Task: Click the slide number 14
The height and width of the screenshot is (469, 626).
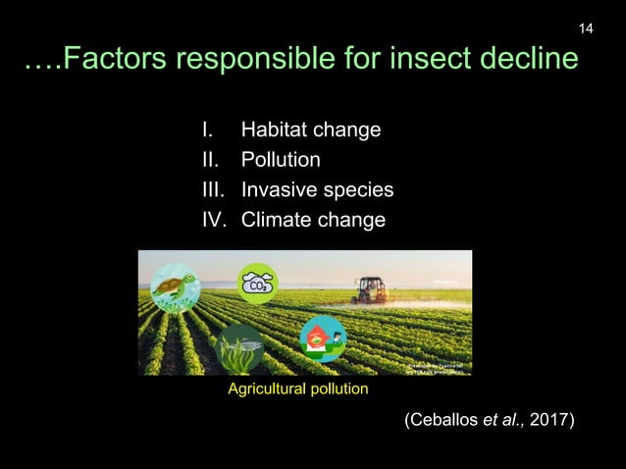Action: pos(586,27)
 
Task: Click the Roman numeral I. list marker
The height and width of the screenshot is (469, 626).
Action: pos(206,130)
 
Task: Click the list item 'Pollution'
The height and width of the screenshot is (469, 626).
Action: pos(281,160)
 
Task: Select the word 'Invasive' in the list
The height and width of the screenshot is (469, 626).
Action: pos(280,189)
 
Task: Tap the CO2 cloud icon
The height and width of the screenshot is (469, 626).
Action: pos(257,282)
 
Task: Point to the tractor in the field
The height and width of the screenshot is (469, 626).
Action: pos(370,288)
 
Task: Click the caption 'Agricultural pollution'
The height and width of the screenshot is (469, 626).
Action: pos(298,390)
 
